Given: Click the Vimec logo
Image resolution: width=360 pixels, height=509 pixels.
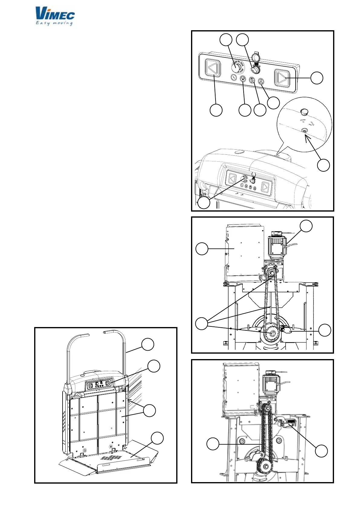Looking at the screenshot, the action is [55, 14].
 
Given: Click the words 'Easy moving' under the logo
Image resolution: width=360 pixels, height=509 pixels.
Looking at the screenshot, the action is [54, 23].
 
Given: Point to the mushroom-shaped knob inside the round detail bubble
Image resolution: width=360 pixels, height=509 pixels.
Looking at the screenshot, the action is [304, 112].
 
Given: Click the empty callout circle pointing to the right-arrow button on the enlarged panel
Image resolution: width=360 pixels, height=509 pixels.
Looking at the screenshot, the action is [317, 78].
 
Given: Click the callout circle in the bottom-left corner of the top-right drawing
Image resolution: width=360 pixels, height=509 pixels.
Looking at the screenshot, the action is [204, 203].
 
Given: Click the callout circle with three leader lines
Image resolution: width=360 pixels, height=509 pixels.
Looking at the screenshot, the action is [202, 324].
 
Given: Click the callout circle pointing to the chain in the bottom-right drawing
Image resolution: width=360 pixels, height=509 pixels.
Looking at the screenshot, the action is [213, 444].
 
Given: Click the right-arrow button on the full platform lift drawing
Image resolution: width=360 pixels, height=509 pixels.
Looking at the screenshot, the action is [107, 385].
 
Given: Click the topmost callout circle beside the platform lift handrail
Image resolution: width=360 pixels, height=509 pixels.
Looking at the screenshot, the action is [148, 345].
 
